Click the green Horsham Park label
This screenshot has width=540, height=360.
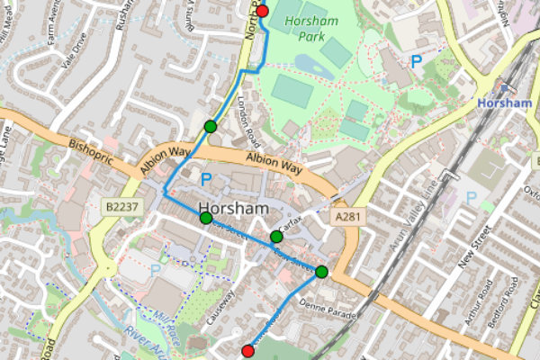(314, 26)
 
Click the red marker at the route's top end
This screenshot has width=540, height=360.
(263, 11)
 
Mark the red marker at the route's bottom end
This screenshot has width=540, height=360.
(248, 350)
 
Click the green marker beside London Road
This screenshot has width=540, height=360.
(210, 126)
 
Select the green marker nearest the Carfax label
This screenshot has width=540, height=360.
(276, 237)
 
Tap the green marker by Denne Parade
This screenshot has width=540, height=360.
(321, 271)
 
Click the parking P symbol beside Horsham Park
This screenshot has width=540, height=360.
(416, 61)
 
